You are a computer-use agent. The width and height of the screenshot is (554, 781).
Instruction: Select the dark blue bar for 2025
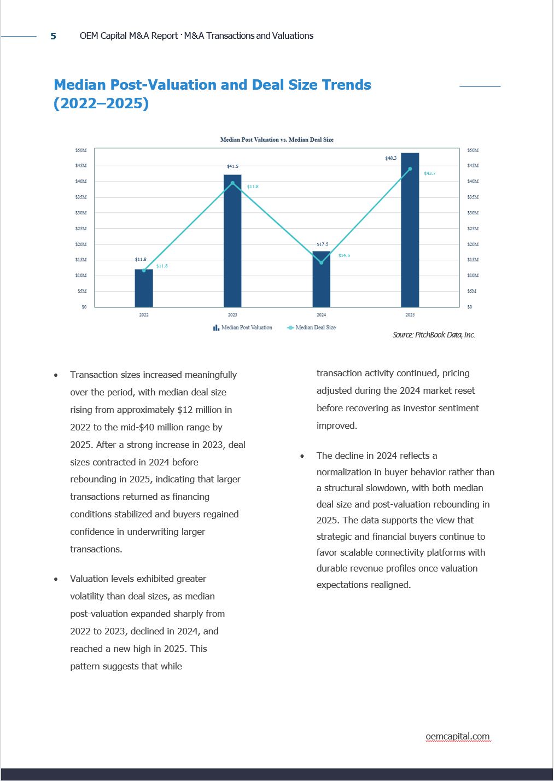[410, 230]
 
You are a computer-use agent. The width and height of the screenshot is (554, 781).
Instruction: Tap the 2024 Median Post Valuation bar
[321, 279]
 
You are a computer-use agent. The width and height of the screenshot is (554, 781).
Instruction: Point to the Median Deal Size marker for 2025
[410, 169]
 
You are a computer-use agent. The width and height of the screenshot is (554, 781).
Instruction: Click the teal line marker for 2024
[321, 263]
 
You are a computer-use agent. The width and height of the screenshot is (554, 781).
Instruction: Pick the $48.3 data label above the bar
[391, 158]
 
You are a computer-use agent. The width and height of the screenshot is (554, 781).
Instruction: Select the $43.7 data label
[430, 173]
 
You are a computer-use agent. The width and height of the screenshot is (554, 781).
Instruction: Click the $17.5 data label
[323, 244]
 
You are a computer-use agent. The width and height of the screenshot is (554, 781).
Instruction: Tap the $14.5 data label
[344, 255]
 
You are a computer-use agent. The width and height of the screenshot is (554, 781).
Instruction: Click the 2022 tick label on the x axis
[144, 314]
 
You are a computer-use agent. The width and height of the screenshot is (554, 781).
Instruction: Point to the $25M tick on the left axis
[81, 229]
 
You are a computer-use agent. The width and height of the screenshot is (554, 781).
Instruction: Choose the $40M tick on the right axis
[473, 181]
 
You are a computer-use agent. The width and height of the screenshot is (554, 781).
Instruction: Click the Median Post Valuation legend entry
[243, 328]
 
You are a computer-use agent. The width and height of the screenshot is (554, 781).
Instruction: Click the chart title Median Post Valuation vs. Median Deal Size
[277, 139]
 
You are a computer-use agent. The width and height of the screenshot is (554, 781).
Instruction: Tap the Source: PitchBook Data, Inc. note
[434, 335]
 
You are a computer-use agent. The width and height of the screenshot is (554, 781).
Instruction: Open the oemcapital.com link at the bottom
[458, 736]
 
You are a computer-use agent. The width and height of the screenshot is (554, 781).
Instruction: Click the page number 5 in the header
[53, 36]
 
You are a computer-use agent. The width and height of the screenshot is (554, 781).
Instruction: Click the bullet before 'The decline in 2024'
[302, 456]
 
